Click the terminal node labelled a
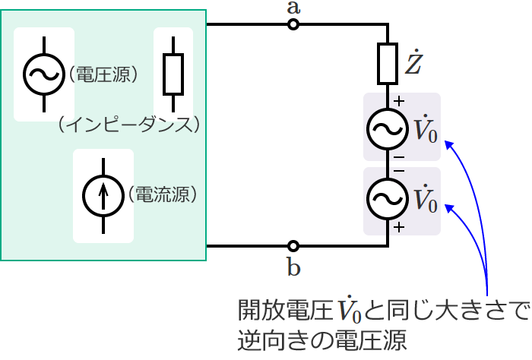click(x=293, y=25)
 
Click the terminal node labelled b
click(x=293, y=246)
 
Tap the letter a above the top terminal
click(x=293, y=8)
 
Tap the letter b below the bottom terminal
click(x=293, y=267)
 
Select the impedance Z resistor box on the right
click(x=388, y=64)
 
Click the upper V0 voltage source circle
click(x=388, y=129)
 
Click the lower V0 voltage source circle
click(x=388, y=199)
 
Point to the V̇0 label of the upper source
click(x=424, y=130)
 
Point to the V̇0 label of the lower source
click(x=424, y=200)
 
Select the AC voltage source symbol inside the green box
click(x=43, y=74)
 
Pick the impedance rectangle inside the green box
click(x=173, y=74)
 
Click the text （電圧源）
click(x=102, y=74)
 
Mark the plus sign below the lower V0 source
click(x=400, y=226)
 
